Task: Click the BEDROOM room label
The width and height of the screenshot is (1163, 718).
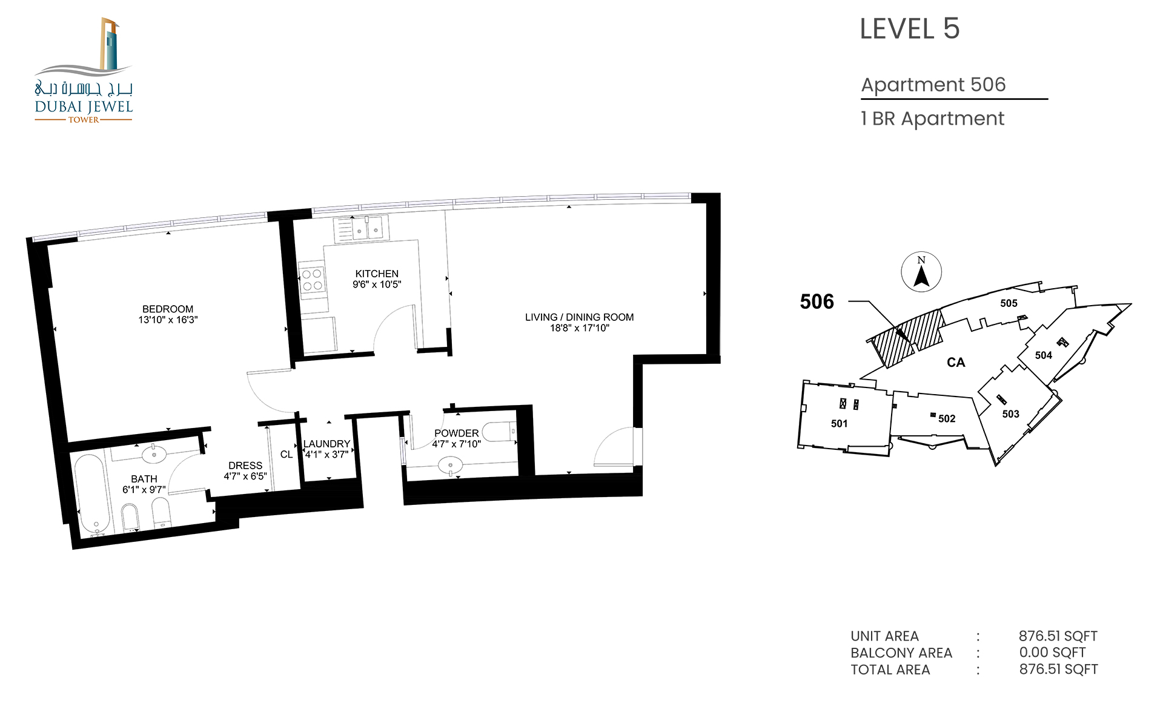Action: (x=168, y=309)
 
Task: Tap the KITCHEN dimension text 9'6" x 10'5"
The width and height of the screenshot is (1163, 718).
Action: (x=377, y=285)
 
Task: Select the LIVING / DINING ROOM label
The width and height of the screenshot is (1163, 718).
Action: (x=579, y=317)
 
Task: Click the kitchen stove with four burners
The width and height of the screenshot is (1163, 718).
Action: (x=312, y=280)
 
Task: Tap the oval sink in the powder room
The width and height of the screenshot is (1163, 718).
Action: (x=450, y=466)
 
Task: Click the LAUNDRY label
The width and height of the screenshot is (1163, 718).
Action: (x=326, y=444)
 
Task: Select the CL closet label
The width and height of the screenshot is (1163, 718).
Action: (x=287, y=454)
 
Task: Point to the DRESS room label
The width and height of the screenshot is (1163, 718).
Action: (x=245, y=466)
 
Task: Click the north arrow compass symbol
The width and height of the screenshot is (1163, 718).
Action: (x=921, y=272)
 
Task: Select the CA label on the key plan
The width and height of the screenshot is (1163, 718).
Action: (x=956, y=363)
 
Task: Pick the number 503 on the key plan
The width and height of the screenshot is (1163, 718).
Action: (x=1010, y=414)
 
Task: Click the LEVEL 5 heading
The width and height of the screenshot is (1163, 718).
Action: (x=909, y=29)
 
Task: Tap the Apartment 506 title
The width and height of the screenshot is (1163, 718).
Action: (x=933, y=85)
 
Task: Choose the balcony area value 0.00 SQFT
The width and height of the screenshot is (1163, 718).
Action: (x=1052, y=653)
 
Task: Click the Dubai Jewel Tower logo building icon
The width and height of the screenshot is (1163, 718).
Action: (x=110, y=44)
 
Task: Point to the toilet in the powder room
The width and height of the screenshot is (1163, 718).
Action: (x=499, y=431)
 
